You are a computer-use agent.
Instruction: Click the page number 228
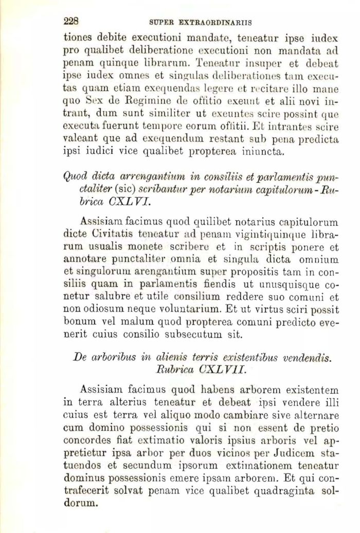pyautogui.click(x=70, y=21)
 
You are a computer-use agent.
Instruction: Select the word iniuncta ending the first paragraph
pyautogui.click(x=260, y=153)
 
